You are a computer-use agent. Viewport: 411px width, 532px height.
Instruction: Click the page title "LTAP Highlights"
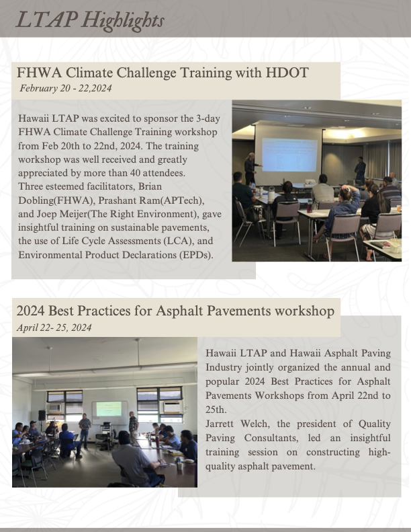coord(90,20)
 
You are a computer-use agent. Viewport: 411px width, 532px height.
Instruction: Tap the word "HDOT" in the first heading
coord(287,73)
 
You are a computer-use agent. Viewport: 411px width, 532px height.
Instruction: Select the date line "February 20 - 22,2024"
coord(66,88)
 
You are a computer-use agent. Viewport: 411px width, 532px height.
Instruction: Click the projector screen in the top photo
coord(289,155)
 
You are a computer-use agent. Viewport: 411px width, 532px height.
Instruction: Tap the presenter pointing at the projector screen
coord(251,168)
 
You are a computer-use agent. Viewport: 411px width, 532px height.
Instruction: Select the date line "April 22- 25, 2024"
coord(54,328)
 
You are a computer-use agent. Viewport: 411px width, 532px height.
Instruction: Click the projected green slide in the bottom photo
coord(109,409)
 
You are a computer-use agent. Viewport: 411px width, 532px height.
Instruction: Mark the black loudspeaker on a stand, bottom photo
coord(42,415)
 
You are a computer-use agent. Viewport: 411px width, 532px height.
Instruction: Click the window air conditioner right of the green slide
coord(173,407)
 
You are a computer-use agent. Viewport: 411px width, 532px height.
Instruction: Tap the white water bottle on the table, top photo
coord(271,194)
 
